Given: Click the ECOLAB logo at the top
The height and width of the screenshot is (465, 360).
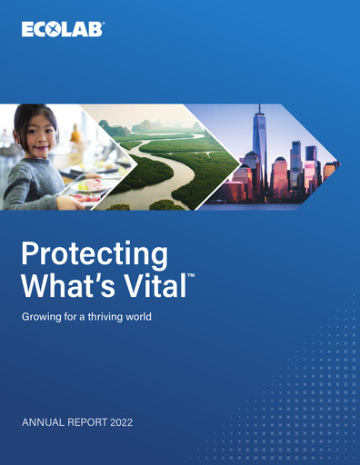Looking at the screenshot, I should [63, 29].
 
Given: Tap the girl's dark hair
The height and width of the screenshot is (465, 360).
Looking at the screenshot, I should [25, 118].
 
